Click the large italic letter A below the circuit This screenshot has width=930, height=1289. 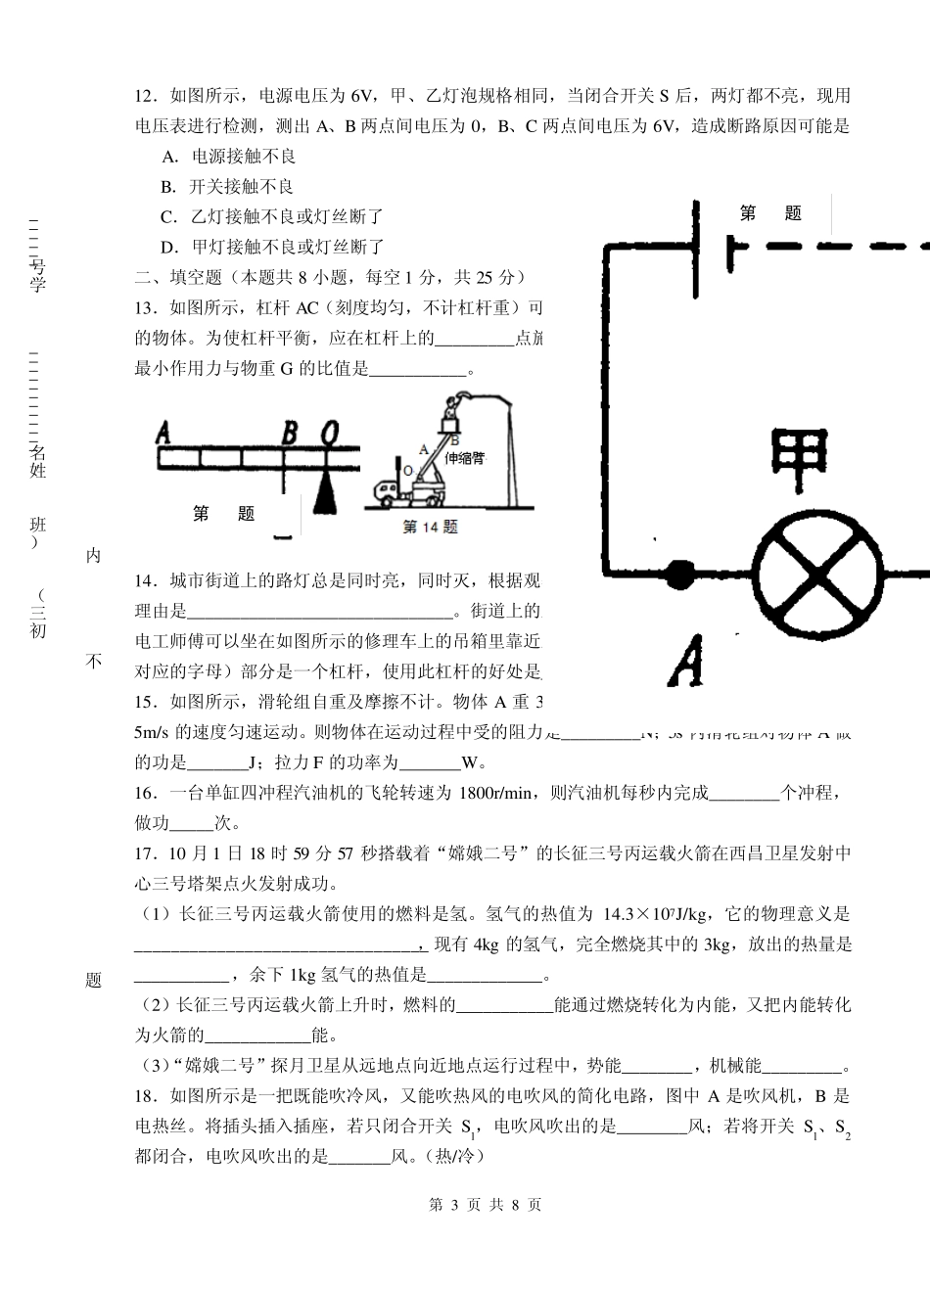687,661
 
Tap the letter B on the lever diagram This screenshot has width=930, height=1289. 290,432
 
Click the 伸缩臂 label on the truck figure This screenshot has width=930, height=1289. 465,458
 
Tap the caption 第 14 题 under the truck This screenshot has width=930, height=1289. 431,527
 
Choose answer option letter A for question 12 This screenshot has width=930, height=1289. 169,157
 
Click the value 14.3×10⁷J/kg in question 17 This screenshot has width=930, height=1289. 655,914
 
